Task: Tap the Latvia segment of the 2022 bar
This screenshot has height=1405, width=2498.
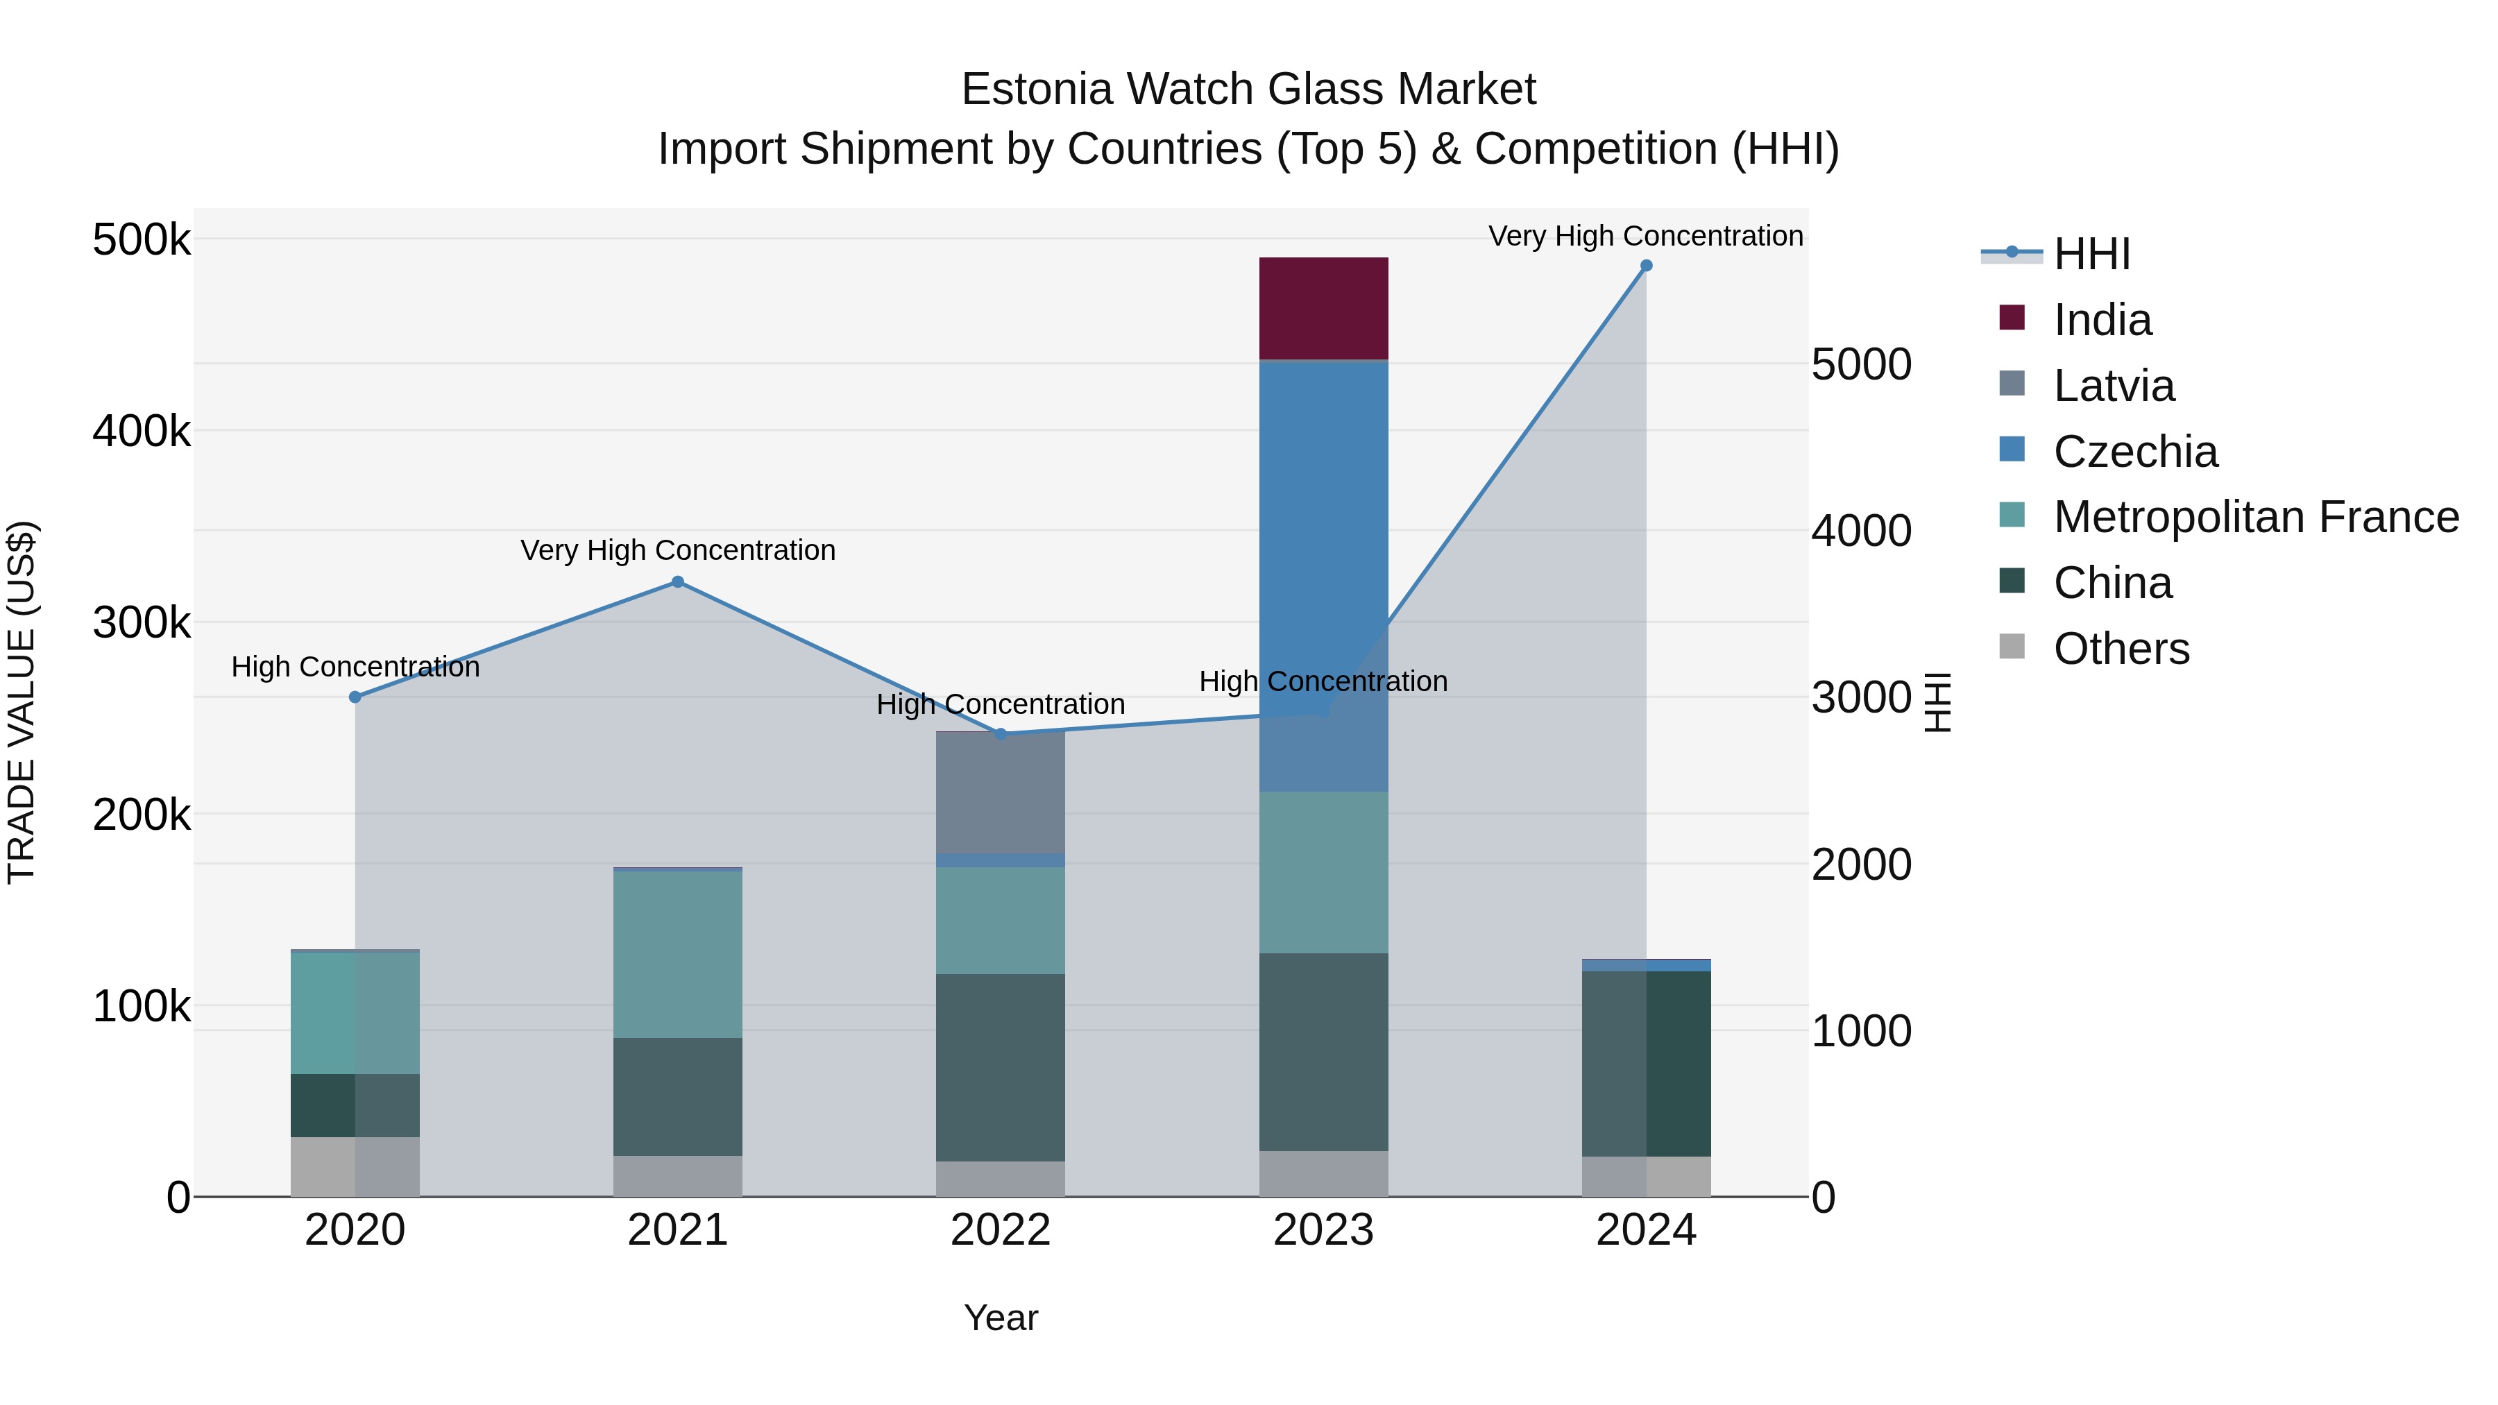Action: coord(1000,792)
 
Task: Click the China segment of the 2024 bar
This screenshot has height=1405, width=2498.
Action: coord(1646,1063)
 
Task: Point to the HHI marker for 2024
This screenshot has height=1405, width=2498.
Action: coord(1646,266)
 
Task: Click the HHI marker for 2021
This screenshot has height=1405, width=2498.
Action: coord(678,582)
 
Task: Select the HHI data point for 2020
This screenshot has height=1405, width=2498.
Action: coord(355,697)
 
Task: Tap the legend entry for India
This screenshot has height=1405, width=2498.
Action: coord(2102,320)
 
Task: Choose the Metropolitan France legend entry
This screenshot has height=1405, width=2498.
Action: coord(2256,517)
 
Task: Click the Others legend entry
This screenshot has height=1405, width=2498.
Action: coord(2121,649)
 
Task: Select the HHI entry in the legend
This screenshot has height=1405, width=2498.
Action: coord(2091,254)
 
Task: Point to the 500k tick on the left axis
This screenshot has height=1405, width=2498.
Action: coord(142,239)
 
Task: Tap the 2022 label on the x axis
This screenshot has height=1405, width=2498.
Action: coord(1000,1230)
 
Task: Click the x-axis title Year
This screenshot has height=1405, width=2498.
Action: coord(1000,1318)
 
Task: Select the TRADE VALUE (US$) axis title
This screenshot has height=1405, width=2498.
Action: coord(22,702)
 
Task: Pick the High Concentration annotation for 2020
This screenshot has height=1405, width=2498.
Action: coord(355,667)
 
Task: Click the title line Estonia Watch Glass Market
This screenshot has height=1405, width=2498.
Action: coord(1248,90)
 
